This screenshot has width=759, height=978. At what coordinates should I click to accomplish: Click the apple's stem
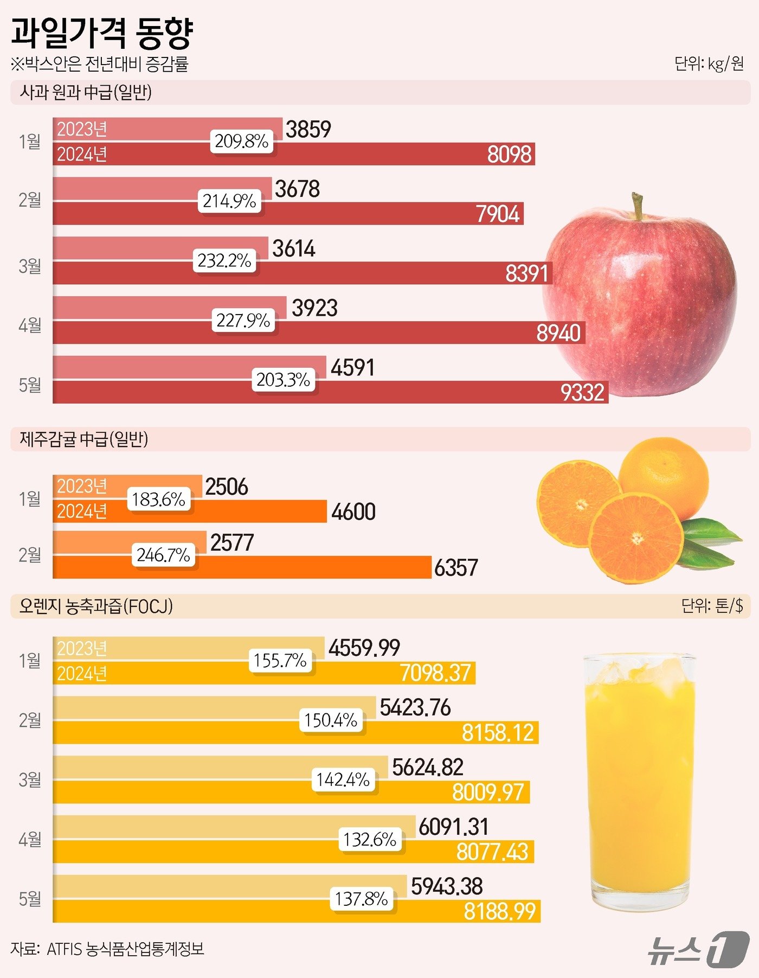[639, 206]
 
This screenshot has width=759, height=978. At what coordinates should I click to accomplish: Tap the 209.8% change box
[242, 142]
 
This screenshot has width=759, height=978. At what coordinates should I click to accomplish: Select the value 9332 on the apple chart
[582, 392]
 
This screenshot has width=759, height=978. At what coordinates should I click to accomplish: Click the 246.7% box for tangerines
[163, 555]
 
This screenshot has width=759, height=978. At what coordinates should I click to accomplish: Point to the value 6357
[456, 568]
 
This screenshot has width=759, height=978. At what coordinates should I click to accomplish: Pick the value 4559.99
[364, 648]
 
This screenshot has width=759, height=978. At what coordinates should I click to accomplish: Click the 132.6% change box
[370, 840]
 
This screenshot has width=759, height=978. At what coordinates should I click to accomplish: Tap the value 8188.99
[499, 911]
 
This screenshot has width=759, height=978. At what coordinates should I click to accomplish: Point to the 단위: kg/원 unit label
[709, 64]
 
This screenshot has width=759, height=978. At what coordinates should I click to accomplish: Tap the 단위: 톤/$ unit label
[712, 605]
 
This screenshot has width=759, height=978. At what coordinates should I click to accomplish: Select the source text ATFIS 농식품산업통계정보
[125, 949]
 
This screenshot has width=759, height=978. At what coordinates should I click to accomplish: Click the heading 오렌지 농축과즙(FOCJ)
[96, 606]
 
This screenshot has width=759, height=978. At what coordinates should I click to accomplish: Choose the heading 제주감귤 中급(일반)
[84, 439]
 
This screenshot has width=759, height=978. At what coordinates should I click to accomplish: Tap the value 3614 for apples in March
[294, 249]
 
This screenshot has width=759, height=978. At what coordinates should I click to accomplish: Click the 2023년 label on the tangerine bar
[82, 486]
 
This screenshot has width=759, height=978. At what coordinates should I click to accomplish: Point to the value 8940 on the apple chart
[558, 333]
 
